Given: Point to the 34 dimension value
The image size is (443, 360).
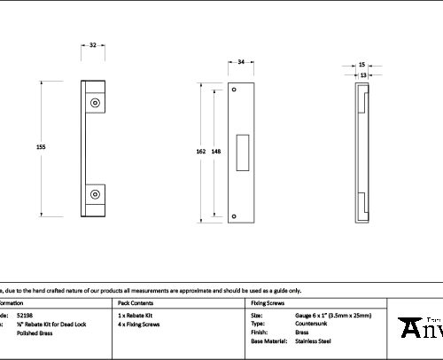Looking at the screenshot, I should click(241, 62).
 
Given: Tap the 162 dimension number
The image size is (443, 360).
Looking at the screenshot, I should click(200, 153).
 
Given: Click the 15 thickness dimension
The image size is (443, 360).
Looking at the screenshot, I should click(362, 65).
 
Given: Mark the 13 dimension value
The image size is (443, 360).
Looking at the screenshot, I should click(362, 75).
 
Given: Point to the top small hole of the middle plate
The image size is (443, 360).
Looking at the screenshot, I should click(234, 90).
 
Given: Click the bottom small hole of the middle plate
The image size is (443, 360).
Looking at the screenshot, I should click(234, 215).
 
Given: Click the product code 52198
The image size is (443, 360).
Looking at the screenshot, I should click(25, 315).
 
